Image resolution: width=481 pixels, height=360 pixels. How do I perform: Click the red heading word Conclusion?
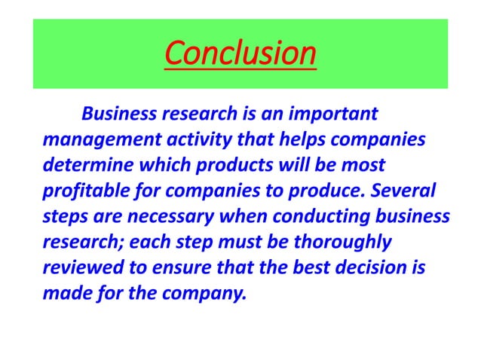point(240,54)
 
